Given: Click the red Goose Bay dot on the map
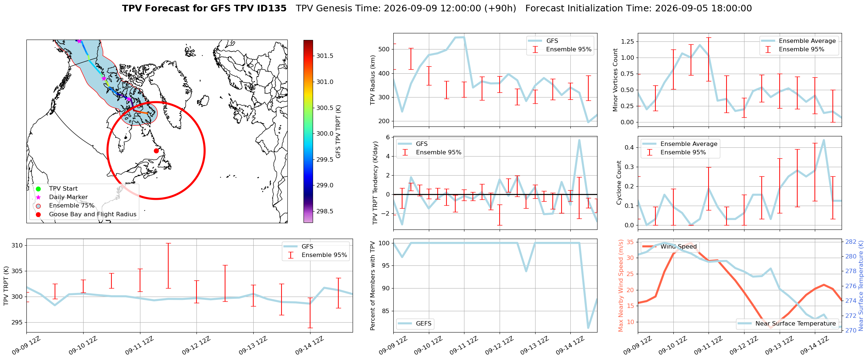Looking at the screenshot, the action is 156,151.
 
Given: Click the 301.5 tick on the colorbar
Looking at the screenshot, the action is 325,56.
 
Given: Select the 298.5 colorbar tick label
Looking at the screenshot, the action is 325,211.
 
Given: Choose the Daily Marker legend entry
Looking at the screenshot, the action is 62,197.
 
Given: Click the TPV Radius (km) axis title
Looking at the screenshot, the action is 373,80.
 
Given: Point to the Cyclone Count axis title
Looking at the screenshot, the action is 619,183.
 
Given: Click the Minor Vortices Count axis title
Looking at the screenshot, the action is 615,80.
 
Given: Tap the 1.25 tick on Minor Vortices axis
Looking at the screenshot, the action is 628,41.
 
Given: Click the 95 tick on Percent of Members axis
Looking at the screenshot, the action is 385,265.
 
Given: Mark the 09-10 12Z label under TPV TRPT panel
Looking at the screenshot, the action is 83,345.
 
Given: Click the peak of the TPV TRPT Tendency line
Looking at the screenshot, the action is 579,140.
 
